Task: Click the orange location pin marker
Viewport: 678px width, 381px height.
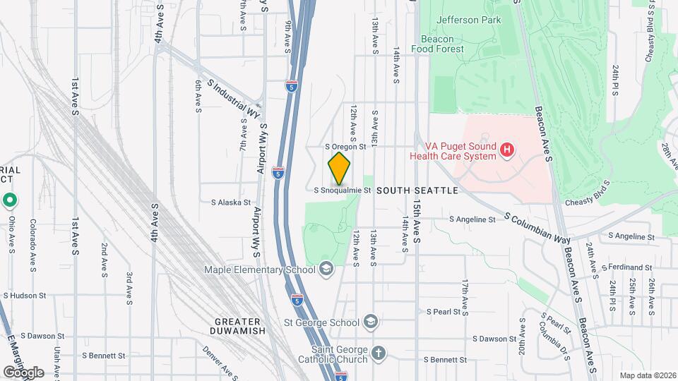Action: pyautogui.click(x=340, y=169)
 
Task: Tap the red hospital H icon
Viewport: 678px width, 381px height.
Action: pyautogui.click(x=506, y=150)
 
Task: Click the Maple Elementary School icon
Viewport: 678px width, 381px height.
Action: pyautogui.click(x=326, y=269)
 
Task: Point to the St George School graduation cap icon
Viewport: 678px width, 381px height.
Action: pyautogui.click(x=371, y=322)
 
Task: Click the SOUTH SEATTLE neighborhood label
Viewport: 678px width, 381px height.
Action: pyautogui.click(x=417, y=190)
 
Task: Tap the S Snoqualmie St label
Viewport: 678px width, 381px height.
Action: pyautogui.click(x=343, y=190)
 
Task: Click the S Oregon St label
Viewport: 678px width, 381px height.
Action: pyautogui.click(x=345, y=147)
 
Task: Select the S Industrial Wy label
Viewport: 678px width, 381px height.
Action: pyautogui.click(x=234, y=99)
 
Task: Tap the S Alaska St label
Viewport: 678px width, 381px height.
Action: pyautogui.click(x=231, y=202)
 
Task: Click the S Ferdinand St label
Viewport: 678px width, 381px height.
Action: pyautogui.click(x=628, y=267)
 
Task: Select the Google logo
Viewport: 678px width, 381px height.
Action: pyautogui.click(x=23, y=372)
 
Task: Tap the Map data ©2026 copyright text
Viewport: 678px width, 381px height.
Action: pyautogui.click(x=646, y=375)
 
